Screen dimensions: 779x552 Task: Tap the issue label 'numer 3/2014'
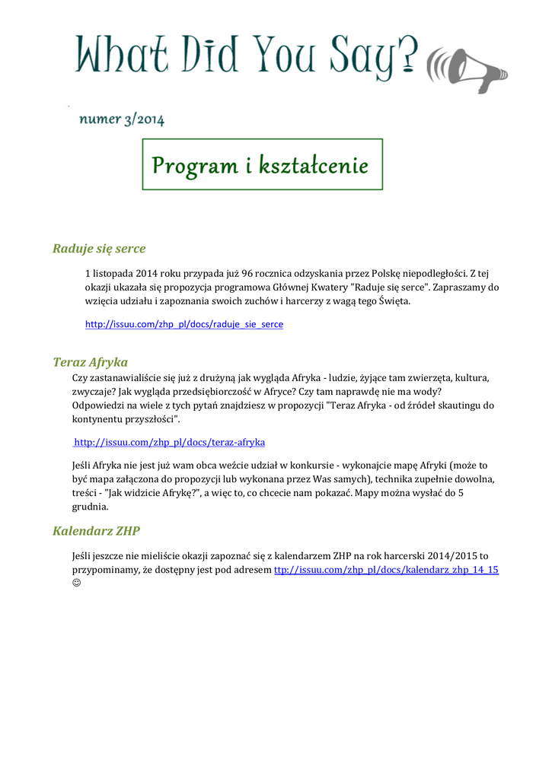(122, 119)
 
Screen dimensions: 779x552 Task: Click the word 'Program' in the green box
(194, 165)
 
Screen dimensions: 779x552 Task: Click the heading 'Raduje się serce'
(99, 248)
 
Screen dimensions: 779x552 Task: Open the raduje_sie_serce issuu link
(183, 324)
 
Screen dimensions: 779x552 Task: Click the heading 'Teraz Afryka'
(90, 361)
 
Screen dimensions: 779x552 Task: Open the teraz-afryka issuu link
(169, 442)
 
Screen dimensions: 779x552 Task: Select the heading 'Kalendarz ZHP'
(96, 530)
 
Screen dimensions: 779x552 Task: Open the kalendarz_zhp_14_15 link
(386, 569)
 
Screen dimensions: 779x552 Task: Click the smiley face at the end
(76, 583)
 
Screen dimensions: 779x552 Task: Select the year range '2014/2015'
(453, 555)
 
